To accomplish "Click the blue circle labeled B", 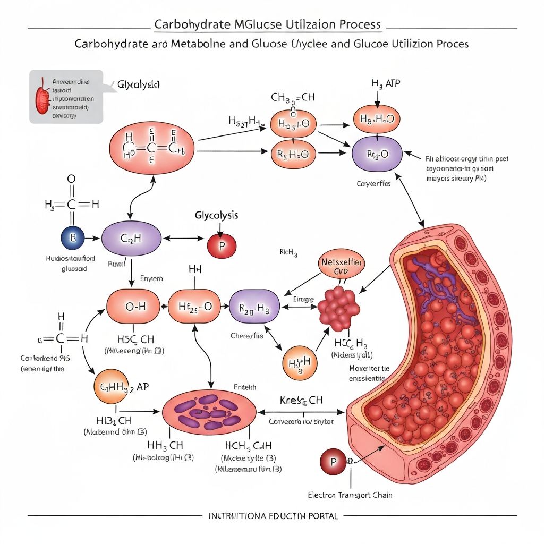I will pyautogui.click(x=73, y=238).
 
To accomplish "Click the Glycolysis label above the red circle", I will pyautogui.click(x=216, y=216).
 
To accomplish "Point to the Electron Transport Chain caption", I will pyautogui.click(x=350, y=495).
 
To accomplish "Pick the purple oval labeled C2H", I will pyautogui.click(x=131, y=239).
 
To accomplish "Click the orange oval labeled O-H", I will pyautogui.click(x=133, y=307).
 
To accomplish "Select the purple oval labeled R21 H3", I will pyautogui.click(x=254, y=307).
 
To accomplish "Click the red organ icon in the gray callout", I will pyautogui.click(x=42, y=96).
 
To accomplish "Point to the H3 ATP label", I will pyautogui.click(x=377, y=84).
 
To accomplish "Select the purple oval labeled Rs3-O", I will pyautogui.click(x=377, y=154).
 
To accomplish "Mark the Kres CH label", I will pyautogui.click(x=301, y=400).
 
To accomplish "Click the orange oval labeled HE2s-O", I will pyautogui.click(x=194, y=307).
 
